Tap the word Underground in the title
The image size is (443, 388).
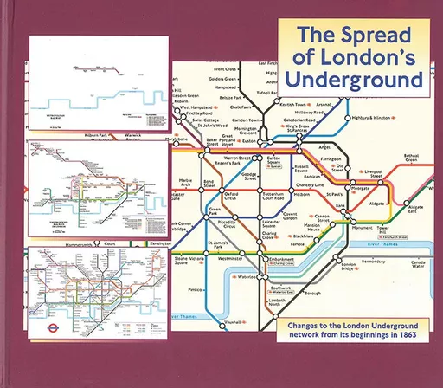354,81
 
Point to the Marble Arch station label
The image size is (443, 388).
186,184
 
